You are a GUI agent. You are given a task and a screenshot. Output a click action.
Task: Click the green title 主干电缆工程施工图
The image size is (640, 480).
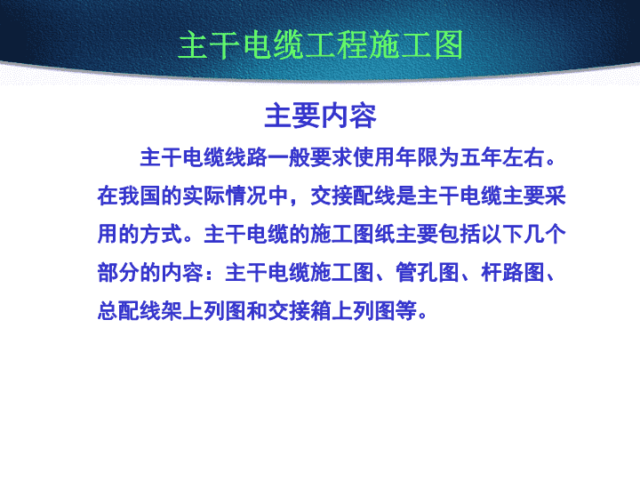pos(321,45)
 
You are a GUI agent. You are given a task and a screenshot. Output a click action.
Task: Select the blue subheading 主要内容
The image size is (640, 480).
pos(320,116)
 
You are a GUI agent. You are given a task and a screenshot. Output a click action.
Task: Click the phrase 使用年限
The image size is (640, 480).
pos(396,157)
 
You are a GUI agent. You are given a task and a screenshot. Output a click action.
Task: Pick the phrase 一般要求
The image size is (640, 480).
pos(310,157)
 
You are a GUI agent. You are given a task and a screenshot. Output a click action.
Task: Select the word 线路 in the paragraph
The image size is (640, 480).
pos(246,157)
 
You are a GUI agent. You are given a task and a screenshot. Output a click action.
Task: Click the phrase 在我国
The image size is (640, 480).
pos(129,196)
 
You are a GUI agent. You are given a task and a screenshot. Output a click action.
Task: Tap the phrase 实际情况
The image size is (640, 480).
pos(225,196)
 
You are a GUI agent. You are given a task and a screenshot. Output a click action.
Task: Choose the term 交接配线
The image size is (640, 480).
pos(353,196)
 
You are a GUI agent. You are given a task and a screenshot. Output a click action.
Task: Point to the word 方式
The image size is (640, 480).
pos(161,235)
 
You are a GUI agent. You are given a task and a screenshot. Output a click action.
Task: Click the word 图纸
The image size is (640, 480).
pos(374,235)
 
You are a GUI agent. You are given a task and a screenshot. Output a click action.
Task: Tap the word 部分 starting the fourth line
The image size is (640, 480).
pos(118,273)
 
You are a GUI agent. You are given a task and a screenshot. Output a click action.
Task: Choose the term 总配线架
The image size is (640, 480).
pos(140,311)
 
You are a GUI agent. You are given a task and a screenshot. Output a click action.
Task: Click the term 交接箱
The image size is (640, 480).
pos(300,311)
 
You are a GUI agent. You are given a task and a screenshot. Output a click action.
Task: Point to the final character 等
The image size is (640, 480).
pos(406,311)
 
